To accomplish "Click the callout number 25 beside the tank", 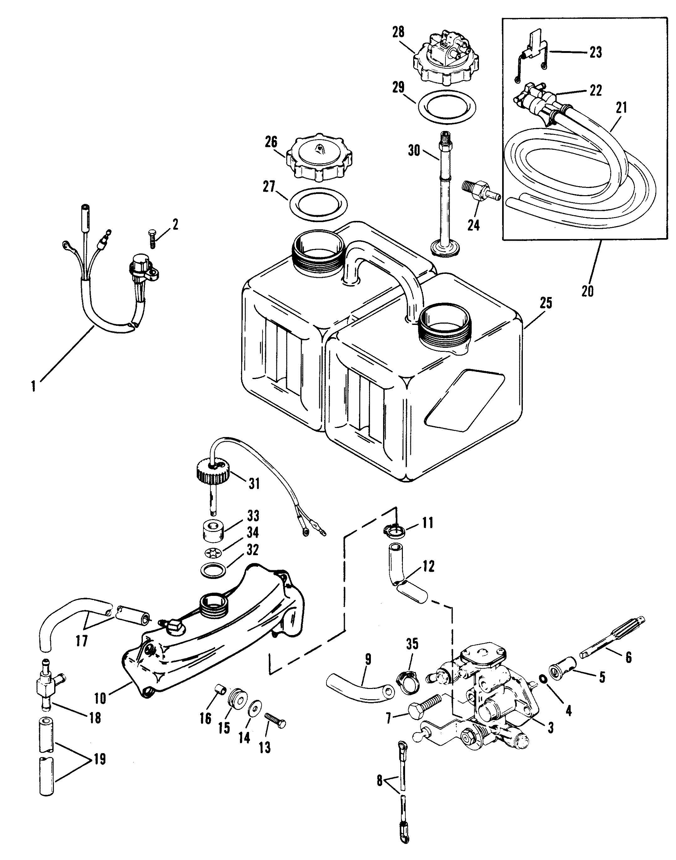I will pos(545,304).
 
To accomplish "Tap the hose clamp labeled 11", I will pos(394,529).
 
